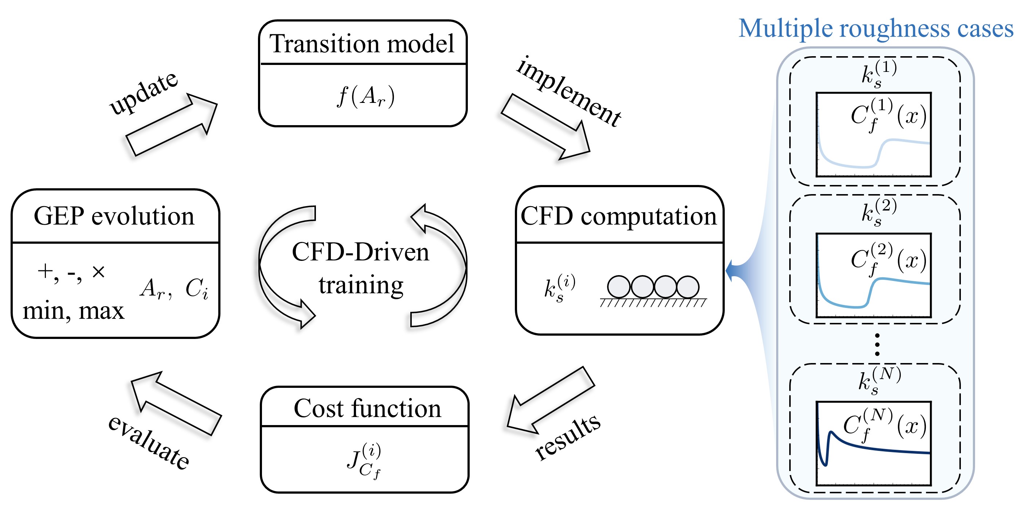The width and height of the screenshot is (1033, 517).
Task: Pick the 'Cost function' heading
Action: tap(367, 408)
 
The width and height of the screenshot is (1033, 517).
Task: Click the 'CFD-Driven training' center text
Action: tap(361, 268)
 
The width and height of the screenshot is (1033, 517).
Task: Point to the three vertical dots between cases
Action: tap(877, 344)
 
